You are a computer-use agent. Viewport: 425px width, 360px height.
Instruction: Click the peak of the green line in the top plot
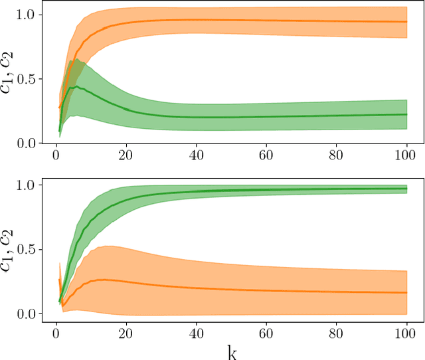coord(77,86)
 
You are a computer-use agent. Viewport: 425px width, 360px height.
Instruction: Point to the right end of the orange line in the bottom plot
coord(406,292)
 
